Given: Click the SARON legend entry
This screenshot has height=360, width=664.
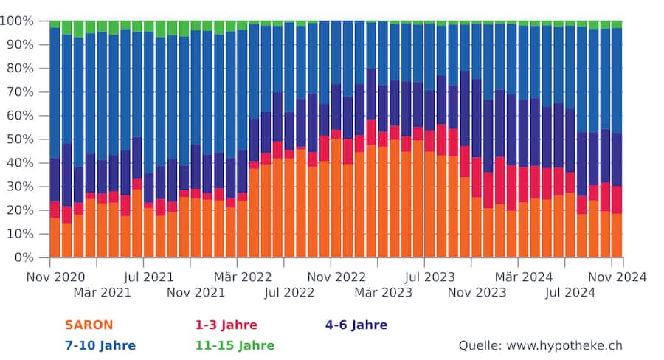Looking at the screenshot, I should point(89,325).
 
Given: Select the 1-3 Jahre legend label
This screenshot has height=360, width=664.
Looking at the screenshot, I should point(226,325).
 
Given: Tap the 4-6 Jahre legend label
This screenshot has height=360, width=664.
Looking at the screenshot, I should point(356,325).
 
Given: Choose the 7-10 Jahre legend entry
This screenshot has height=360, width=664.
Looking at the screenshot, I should point(100,345).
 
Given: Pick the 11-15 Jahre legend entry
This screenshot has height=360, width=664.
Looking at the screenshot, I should point(234,345).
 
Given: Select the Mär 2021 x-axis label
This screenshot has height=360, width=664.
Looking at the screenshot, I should point(103,293).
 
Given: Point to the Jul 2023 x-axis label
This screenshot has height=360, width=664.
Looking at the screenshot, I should point(424,277).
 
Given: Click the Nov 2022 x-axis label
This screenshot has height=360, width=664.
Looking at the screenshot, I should point(331,277).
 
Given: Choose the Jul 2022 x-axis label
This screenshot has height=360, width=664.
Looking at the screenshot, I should point(290,293).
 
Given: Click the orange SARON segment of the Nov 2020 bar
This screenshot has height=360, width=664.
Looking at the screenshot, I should point(55,238).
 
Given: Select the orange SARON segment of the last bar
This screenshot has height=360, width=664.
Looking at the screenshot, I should point(617,236).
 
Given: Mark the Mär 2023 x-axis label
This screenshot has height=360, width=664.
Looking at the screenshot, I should point(383,293).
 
